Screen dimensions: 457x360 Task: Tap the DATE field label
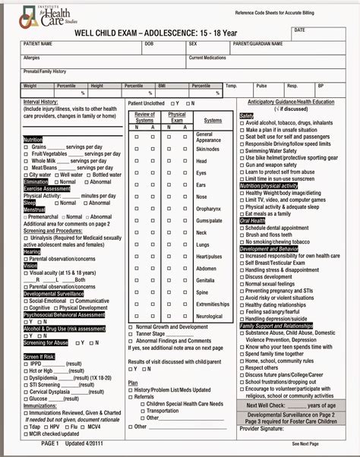pyautogui.click(x=299, y=30)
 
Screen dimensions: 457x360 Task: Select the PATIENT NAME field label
pyautogui.click(x=39, y=44)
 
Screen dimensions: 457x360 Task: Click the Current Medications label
pyautogui.click(x=207, y=58)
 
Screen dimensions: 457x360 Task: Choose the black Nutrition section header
pyautogui.click(x=33, y=140)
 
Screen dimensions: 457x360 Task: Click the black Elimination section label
pyautogui.click(x=36, y=182)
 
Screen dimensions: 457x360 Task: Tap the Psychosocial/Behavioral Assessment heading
pyautogui.click(x=64, y=314)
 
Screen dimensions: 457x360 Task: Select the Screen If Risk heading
pyautogui.click(x=39, y=356)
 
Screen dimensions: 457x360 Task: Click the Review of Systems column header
pyautogui.click(x=144, y=117)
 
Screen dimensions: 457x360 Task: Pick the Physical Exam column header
pyautogui.click(x=177, y=117)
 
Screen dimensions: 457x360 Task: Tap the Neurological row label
pyautogui.click(x=210, y=316)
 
